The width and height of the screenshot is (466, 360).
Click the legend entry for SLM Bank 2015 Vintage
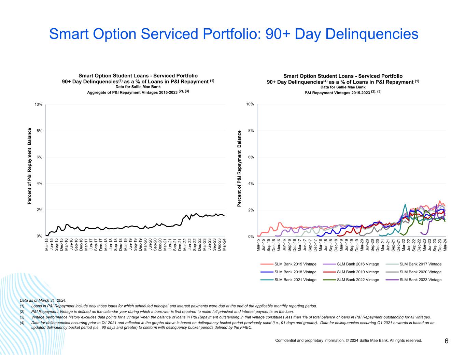(x=295, y=264)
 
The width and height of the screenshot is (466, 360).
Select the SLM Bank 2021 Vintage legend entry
(x=295, y=280)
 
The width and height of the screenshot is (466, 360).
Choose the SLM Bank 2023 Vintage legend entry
(x=420, y=280)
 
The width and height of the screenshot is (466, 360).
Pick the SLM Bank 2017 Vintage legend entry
(x=420, y=264)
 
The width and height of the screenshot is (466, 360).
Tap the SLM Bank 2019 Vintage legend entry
(x=358, y=272)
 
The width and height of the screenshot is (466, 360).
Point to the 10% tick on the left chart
(x=38, y=104)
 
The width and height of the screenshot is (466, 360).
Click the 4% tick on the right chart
(x=251, y=184)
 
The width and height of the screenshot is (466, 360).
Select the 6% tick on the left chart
(x=39, y=157)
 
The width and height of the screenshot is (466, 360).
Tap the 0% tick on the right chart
(x=251, y=236)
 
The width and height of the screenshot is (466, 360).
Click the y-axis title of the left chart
(x=30, y=166)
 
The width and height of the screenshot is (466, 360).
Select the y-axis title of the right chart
(x=239, y=168)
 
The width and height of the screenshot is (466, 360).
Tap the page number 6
(x=446, y=341)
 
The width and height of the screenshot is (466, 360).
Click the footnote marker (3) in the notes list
(x=22, y=317)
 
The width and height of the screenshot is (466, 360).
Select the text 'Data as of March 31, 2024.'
(x=43, y=301)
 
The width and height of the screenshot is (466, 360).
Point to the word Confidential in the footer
(x=286, y=340)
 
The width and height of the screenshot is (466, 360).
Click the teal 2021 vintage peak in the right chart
(x=405, y=204)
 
